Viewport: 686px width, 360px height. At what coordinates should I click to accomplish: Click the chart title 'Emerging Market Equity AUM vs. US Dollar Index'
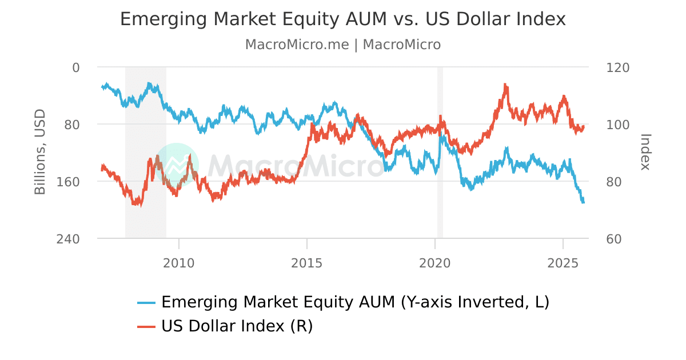tap(343, 19)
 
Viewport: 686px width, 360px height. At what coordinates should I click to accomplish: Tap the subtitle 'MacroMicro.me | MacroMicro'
tap(343, 45)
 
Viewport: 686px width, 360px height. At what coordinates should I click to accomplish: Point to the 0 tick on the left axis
tap(76, 67)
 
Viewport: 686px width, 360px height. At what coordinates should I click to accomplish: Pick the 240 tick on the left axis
tap(69, 239)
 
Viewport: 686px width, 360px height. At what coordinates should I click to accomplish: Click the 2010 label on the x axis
tap(179, 263)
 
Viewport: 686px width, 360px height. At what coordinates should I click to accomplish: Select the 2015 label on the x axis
tap(307, 263)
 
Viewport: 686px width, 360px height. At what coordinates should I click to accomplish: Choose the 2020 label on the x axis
tap(435, 263)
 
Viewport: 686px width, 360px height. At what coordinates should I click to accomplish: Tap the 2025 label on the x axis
tap(563, 263)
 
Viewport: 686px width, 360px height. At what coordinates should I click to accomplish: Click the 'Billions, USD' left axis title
tap(40, 152)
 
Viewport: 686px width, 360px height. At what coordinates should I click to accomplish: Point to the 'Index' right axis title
tap(645, 152)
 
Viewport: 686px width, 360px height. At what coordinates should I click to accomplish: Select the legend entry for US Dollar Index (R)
tap(237, 326)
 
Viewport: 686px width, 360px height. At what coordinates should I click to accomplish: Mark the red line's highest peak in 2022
tap(505, 85)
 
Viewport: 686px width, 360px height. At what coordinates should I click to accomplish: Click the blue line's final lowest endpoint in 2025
tap(583, 202)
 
